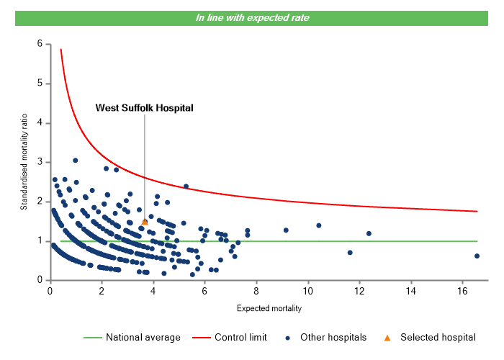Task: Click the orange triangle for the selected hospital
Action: tap(145, 222)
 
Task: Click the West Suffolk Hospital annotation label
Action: tap(145, 108)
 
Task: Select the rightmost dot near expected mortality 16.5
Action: tap(477, 256)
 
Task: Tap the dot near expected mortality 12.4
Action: tap(369, 233)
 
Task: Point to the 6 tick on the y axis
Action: tap(40, 44)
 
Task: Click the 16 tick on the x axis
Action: tap(463, 291)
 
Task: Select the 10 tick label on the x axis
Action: tap(308, 291)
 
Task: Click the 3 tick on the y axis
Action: tap(40, 162)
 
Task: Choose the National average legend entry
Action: tap(137, 337)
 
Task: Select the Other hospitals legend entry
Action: tap(330, 337)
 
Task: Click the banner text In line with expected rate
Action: tap(252, 17)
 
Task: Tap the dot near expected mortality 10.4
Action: tap(319, 225)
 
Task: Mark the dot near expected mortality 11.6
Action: tap(350, 253)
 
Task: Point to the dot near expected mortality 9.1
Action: tap(286, 230)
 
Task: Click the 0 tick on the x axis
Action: tap(50, 291)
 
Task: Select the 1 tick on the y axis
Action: tap(40, 241)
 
